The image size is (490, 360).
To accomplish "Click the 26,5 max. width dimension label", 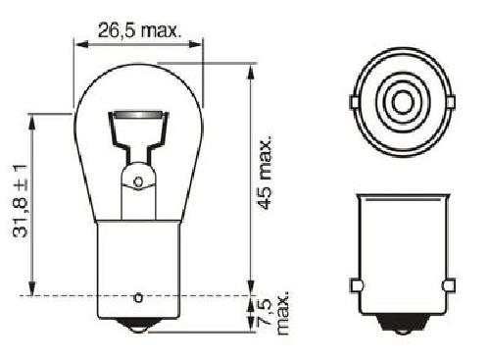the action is click(x=139, y=30).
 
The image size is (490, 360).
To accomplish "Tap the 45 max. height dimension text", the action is click(x=265, y=173).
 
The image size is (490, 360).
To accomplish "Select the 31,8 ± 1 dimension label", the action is click(x=21, y=201).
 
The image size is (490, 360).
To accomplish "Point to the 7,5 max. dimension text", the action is click(x=272, y=312).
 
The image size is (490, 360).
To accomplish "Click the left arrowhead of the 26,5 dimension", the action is click(x=81, y=44).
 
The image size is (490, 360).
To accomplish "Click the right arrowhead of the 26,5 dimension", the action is click(x=195, y=44).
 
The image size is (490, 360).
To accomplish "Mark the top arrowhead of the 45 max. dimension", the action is click(x=251, y=72).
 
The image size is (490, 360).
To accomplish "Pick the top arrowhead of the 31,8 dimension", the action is click(x=32, y=123).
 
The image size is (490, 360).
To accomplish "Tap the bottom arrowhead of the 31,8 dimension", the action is click(x=32, y=287).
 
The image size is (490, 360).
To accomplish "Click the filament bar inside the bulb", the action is click(x=138, y=115).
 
